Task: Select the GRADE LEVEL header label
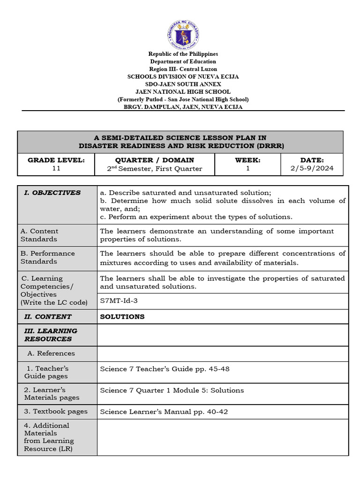[56, 160]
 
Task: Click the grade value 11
[56, 169]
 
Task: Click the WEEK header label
[247, 160]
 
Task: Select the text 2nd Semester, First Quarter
[155, 169]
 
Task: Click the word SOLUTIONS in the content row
[122, 316]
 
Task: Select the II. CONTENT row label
[48, 316]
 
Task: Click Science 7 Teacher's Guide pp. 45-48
[165, 369]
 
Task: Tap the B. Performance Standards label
[47, 257]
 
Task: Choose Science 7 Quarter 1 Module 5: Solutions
[172, 390]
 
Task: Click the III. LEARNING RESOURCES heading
[51, 335]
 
